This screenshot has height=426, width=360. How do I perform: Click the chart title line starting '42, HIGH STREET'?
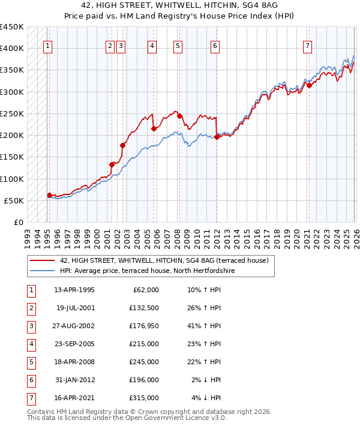[x=180, y=5]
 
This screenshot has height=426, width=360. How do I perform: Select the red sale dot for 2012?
[x=216, y=137]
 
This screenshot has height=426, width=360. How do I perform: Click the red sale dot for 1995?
[x=49, y=195]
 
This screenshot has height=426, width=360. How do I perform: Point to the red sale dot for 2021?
[x=309, y=85]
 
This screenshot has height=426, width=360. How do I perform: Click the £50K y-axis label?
[x=14, y=200]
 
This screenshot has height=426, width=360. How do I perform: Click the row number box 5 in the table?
[x=31, y=362]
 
